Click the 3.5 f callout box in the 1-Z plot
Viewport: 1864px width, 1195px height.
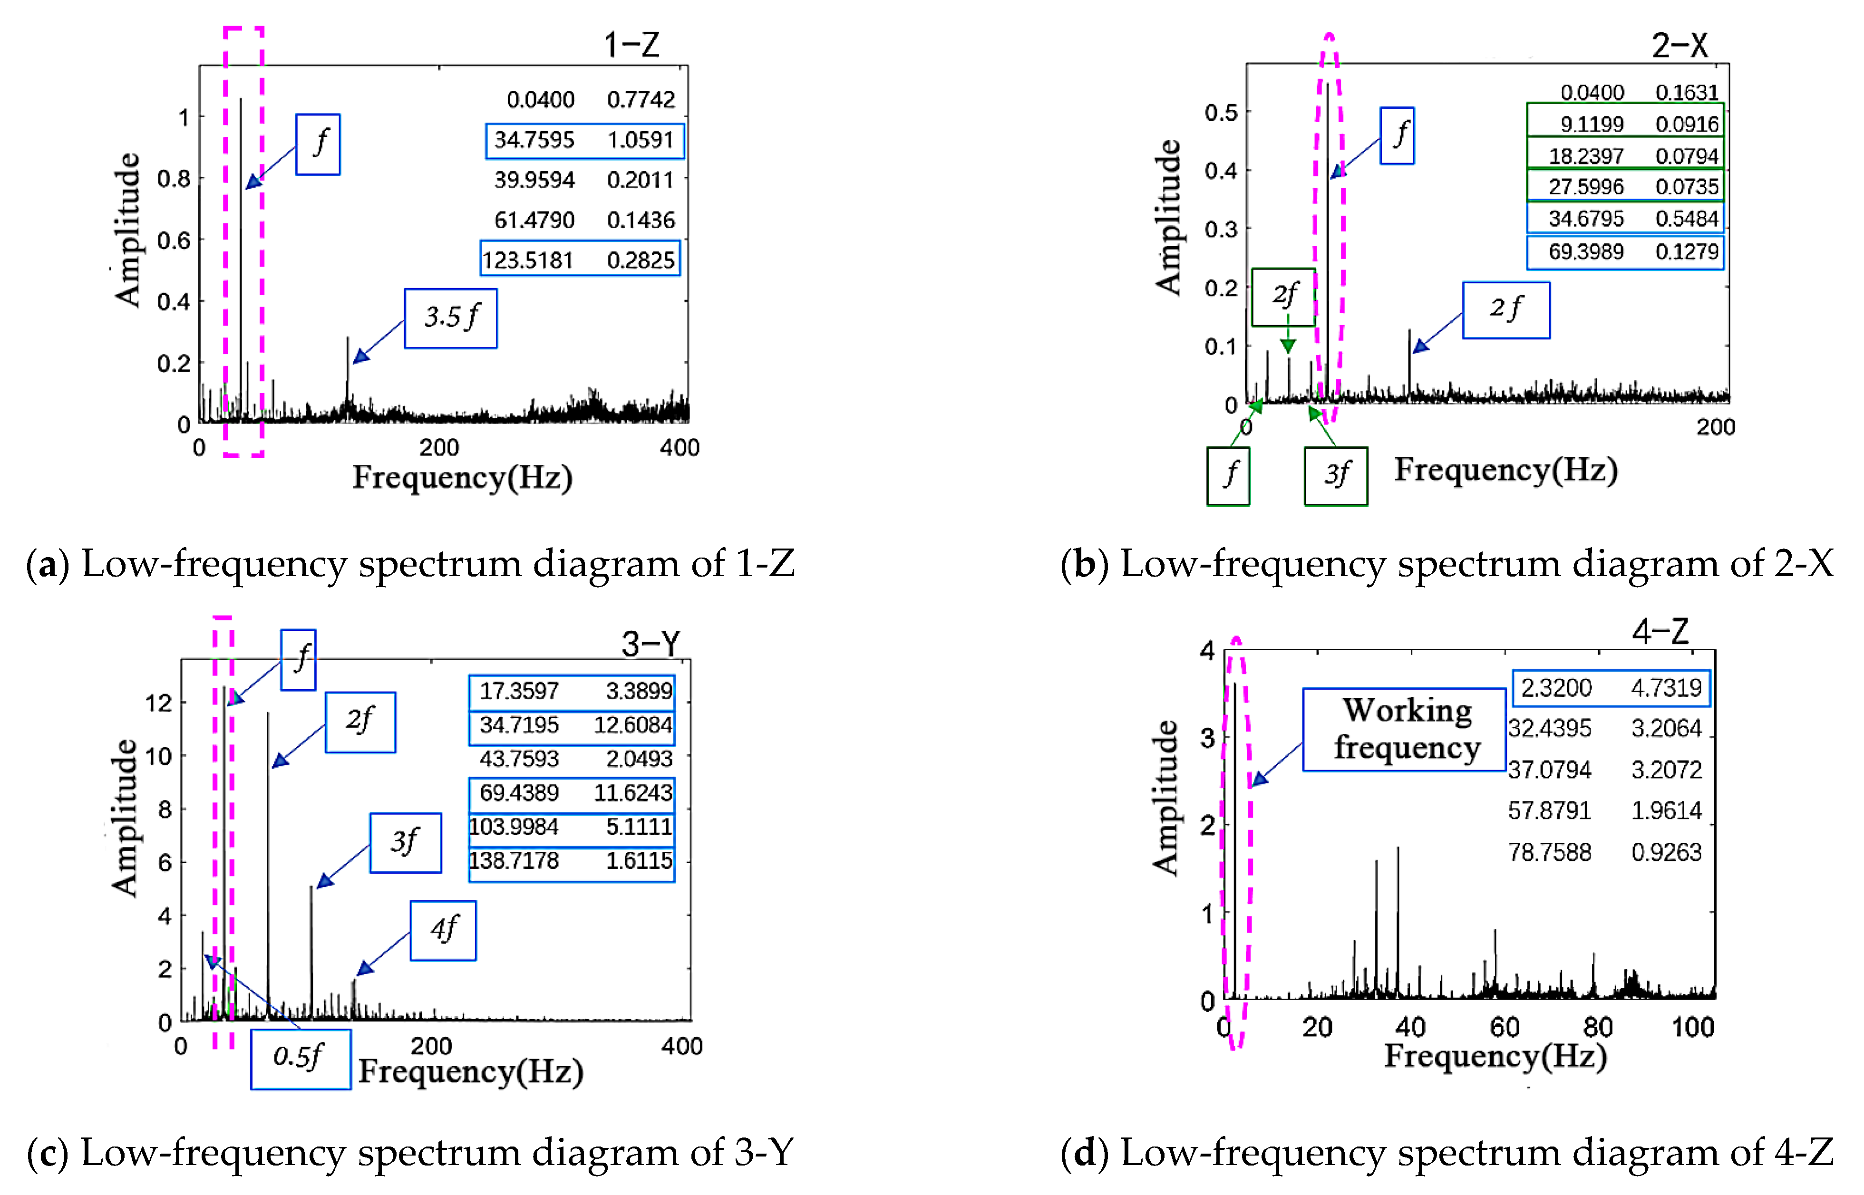pos(450,318)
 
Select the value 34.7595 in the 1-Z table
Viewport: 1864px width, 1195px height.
pos(534,140)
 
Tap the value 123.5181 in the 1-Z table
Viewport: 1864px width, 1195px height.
pos(528,260)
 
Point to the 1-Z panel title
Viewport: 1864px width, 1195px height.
pos(631,45)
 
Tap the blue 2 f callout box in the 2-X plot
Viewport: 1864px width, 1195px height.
pos(1505,309)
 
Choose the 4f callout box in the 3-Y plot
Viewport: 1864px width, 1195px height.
pos(443,930)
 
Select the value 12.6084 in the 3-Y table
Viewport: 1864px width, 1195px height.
pos(632,725)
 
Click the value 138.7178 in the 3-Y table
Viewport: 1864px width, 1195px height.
pos(513,860)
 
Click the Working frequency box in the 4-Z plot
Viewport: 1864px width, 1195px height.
pos(1404,730)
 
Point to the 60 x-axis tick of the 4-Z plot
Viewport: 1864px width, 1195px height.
pos(1504,1027)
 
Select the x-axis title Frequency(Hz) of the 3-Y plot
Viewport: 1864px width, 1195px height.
pos(470,1071)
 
